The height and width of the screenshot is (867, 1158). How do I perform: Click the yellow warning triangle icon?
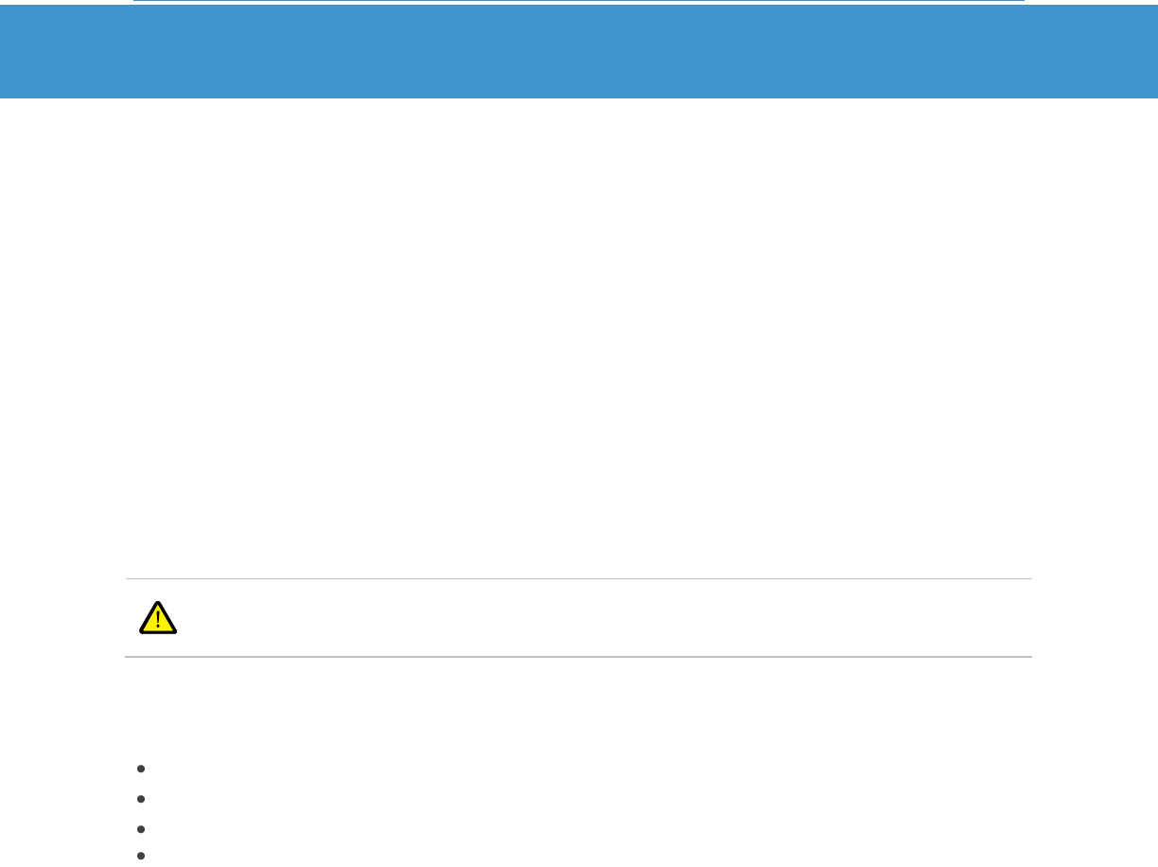158,618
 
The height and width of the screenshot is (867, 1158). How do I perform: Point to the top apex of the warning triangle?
158,602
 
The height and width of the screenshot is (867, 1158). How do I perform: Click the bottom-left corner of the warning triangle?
140,632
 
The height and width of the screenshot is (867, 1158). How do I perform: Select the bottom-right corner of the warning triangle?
177,632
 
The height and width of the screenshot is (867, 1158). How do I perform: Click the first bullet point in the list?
140,769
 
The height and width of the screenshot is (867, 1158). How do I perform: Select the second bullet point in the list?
140,799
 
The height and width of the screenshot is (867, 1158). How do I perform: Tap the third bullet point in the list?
140,828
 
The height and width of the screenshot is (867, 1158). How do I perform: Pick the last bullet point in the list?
140,857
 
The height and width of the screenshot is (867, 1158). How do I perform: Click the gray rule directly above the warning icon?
578,578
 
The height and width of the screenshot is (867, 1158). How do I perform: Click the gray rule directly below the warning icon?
578,656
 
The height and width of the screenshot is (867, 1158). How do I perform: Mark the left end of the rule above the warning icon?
127,578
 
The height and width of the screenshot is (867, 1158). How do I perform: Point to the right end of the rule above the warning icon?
1030,578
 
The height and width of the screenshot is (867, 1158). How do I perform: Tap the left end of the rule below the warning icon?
127,656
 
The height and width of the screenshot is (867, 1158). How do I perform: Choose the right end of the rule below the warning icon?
1030,656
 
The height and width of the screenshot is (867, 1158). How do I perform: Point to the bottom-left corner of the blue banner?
1,97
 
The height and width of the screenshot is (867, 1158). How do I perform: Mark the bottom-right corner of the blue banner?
1156,97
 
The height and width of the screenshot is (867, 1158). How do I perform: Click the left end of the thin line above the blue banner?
134,1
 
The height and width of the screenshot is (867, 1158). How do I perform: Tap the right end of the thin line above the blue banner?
1024,1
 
